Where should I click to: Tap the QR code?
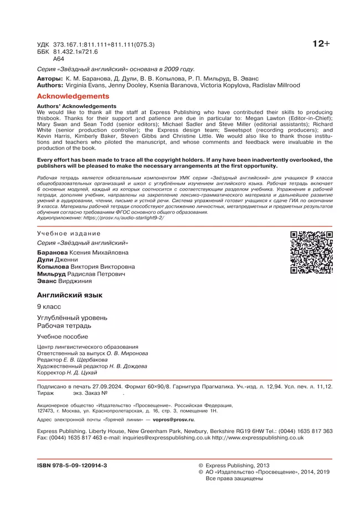pyautogui.click(x=311, y=253)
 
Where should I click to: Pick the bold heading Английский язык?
pyautogui.click(x=70, y=295)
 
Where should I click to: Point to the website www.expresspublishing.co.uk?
pyautogui.click(x=258, y=437)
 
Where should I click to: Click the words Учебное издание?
pyautogui.click(x=69, y=234)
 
